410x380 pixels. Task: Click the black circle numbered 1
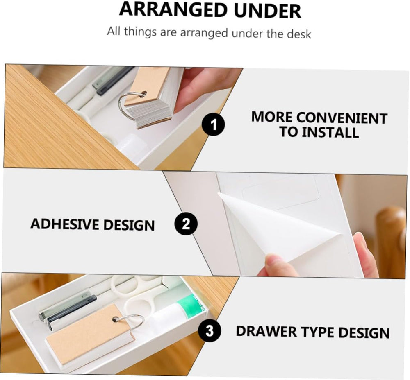tap(214, 126)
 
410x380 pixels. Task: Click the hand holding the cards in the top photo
tap(201, 86)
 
